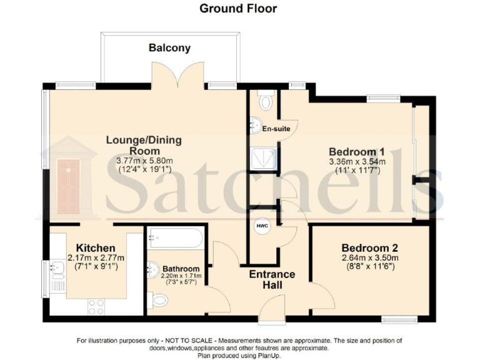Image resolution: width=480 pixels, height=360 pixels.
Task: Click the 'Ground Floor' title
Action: click(x=238, y=9)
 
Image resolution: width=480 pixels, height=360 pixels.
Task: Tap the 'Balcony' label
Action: click(x=169, y=47)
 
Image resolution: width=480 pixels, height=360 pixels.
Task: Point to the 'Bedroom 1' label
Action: click(x=357, y=152)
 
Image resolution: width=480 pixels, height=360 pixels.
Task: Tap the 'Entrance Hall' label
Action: click(x=272, y=279)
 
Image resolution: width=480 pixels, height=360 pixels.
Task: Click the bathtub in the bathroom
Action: click(x=175, y=239)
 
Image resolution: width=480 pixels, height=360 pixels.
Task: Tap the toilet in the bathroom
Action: click(x=159, y=302)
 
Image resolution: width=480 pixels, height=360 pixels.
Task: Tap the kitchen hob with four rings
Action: click(x=96, y=306)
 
